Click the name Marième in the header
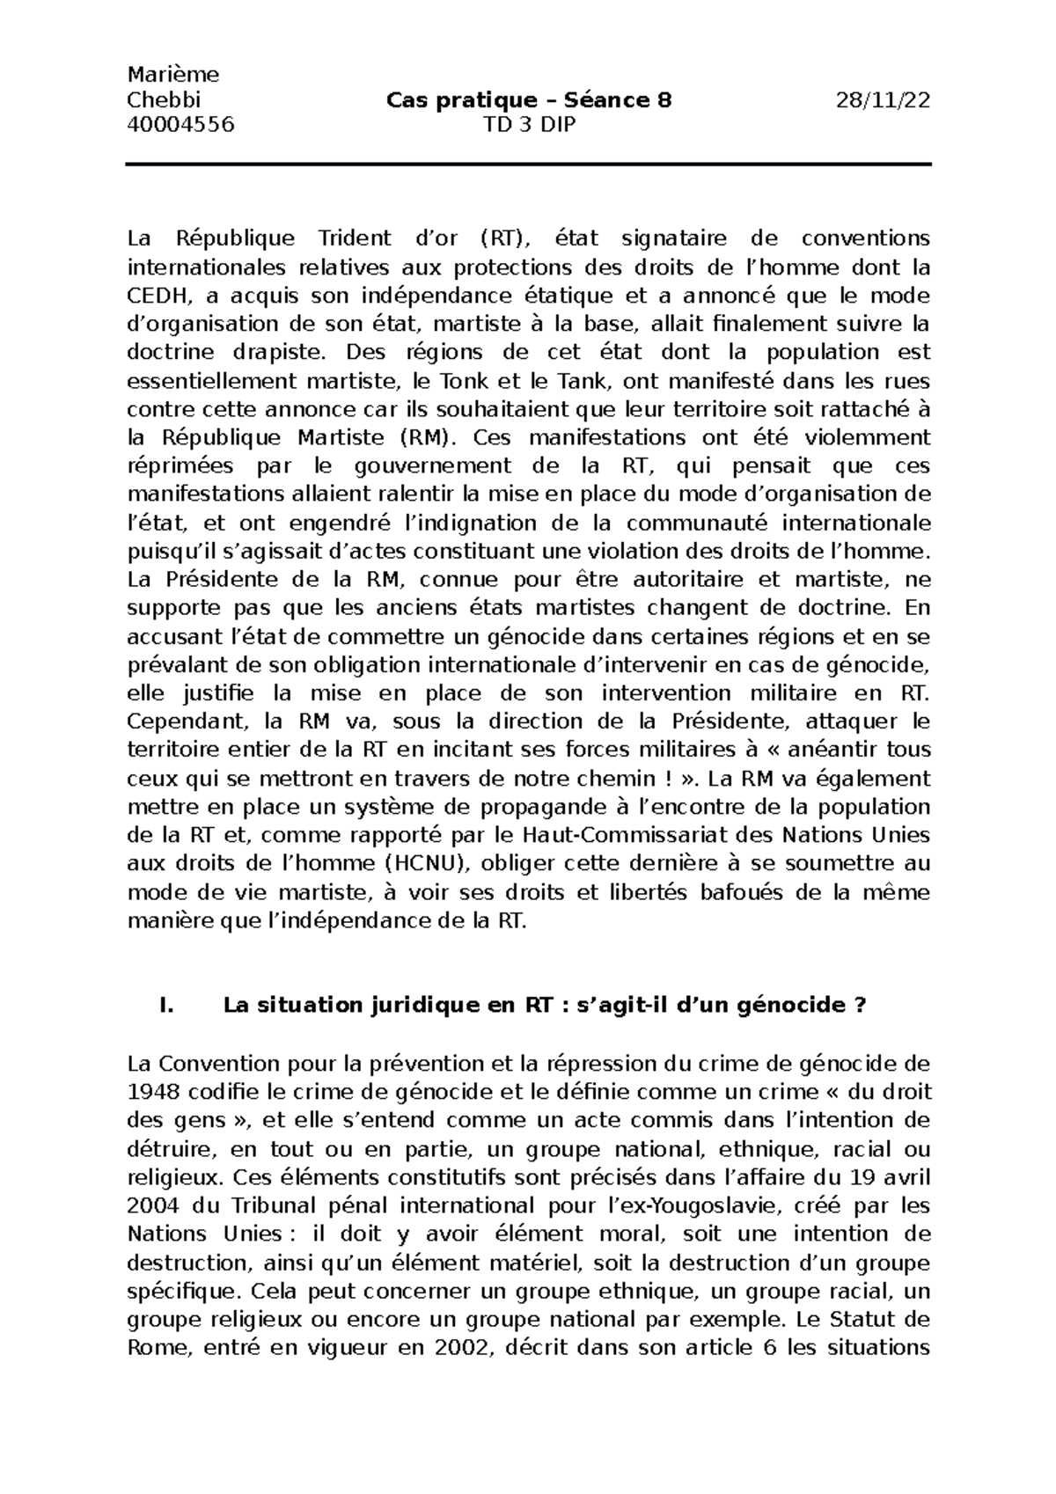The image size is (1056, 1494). [172, 75]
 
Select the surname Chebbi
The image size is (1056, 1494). [165, 100]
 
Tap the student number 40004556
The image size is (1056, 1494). [181, 125]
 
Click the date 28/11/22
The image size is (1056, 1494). [884, 100]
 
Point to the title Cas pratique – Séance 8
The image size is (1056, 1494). [528, 100]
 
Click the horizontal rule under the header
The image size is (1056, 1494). [528, 165]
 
